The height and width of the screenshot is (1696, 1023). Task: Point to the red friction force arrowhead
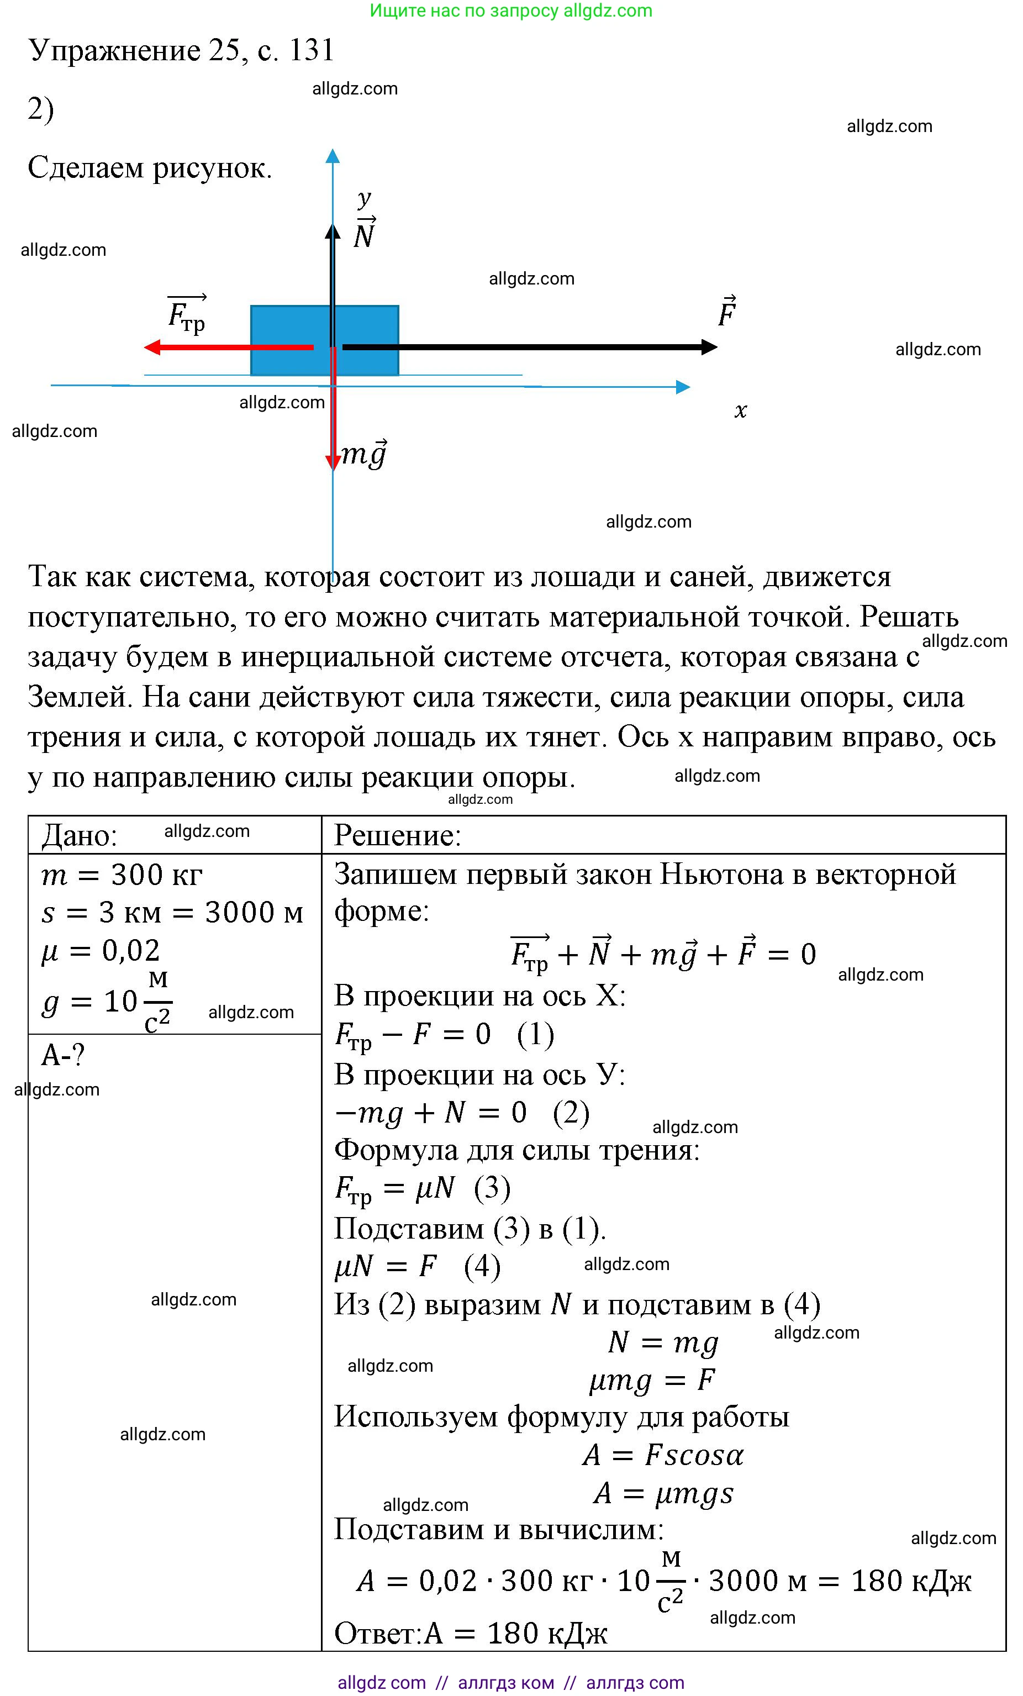click(x=152, y=347)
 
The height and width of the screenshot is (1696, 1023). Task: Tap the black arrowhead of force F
click(x=709, y=347)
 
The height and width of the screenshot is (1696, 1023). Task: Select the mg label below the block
click(x=364, y=454)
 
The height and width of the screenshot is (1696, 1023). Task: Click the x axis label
click(x=740, y=411)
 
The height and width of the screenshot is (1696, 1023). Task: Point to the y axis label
click(x=364, y=199)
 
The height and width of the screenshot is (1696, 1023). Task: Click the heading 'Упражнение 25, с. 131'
click(x=181, y=50)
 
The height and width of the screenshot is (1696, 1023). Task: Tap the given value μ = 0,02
click(x=101, y=951)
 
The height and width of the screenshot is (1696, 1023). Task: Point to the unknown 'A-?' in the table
click(x=62, y=1055)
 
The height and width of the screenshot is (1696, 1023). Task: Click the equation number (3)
click(x=492, y=1188)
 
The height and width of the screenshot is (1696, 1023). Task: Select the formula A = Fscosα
click(x=663, y=1455)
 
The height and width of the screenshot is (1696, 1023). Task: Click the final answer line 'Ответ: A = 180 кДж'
click(x=470, y=1632)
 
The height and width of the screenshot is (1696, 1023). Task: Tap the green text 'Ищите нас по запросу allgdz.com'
click(x=511, y=10)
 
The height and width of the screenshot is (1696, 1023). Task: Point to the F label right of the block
click(x=726, y=313)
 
